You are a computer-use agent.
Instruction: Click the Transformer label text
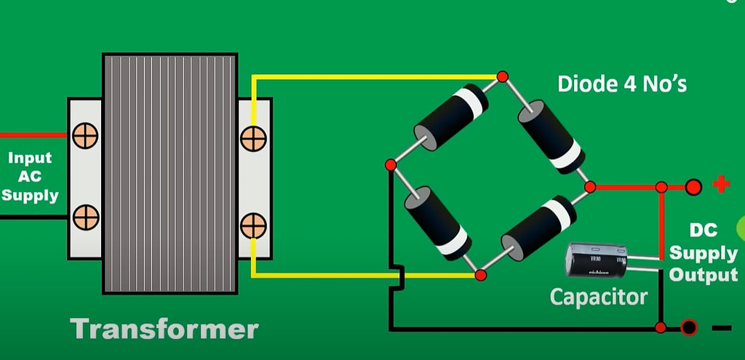164,329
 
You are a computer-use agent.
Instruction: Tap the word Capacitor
598,297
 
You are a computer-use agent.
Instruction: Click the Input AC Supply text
29,177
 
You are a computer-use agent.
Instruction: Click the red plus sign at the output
721,185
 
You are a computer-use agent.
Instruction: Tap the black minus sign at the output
721,328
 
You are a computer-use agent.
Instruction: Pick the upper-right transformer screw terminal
252,137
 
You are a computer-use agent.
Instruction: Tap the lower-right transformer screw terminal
252,225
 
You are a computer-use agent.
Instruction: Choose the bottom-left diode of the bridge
437,222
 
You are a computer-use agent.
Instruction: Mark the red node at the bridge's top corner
501,76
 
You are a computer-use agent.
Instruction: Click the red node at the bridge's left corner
391,165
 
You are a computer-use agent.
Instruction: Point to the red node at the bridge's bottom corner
480,275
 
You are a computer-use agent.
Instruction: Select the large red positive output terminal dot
693,188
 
